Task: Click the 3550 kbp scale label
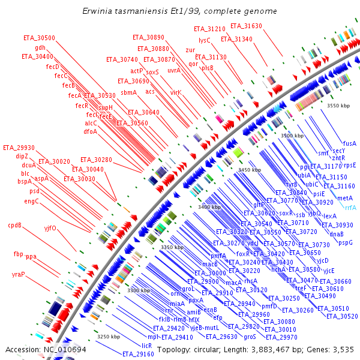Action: (338, 105)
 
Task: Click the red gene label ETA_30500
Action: (39, 38)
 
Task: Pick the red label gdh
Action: (40, 47)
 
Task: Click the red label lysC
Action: (205, 41)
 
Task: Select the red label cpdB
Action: (15, 226)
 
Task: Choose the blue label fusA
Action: (350, 143)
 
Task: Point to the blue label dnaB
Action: (337, 233)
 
